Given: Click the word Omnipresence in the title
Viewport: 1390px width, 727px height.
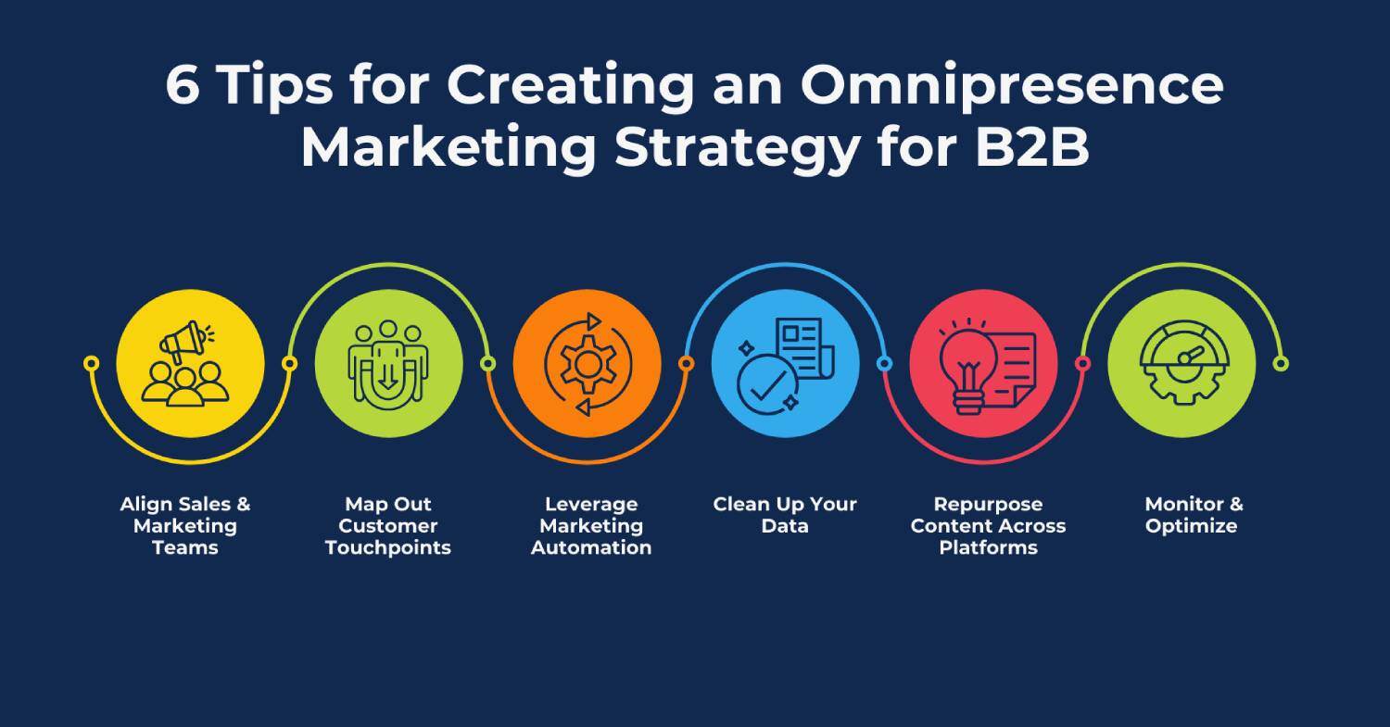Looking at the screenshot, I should (x=1012, y=86).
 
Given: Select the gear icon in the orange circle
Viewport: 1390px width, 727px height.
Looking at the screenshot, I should (x=587, y=364).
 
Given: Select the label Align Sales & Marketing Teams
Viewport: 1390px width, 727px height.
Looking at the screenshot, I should (x=185, y=525).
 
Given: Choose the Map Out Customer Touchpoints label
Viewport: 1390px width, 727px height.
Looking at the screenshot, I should (x=388, y=525).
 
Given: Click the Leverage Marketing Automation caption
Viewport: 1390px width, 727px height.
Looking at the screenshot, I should (x=591, y=525).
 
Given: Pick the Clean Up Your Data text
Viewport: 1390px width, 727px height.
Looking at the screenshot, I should (x=785, y=515).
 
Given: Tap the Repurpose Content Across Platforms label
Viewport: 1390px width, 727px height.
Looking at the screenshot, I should (x=988, y=525).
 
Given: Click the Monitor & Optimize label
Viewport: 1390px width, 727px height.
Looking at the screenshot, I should (x=1193, y=515).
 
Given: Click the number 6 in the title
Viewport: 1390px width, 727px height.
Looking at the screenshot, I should (x=183, y=86).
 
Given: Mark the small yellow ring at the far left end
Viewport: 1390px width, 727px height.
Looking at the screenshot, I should (x=91, y=363).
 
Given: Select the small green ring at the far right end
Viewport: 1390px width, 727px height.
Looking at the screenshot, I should (x=1280, y=364).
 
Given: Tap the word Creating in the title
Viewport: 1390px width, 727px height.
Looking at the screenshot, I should (x=569, y=86).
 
